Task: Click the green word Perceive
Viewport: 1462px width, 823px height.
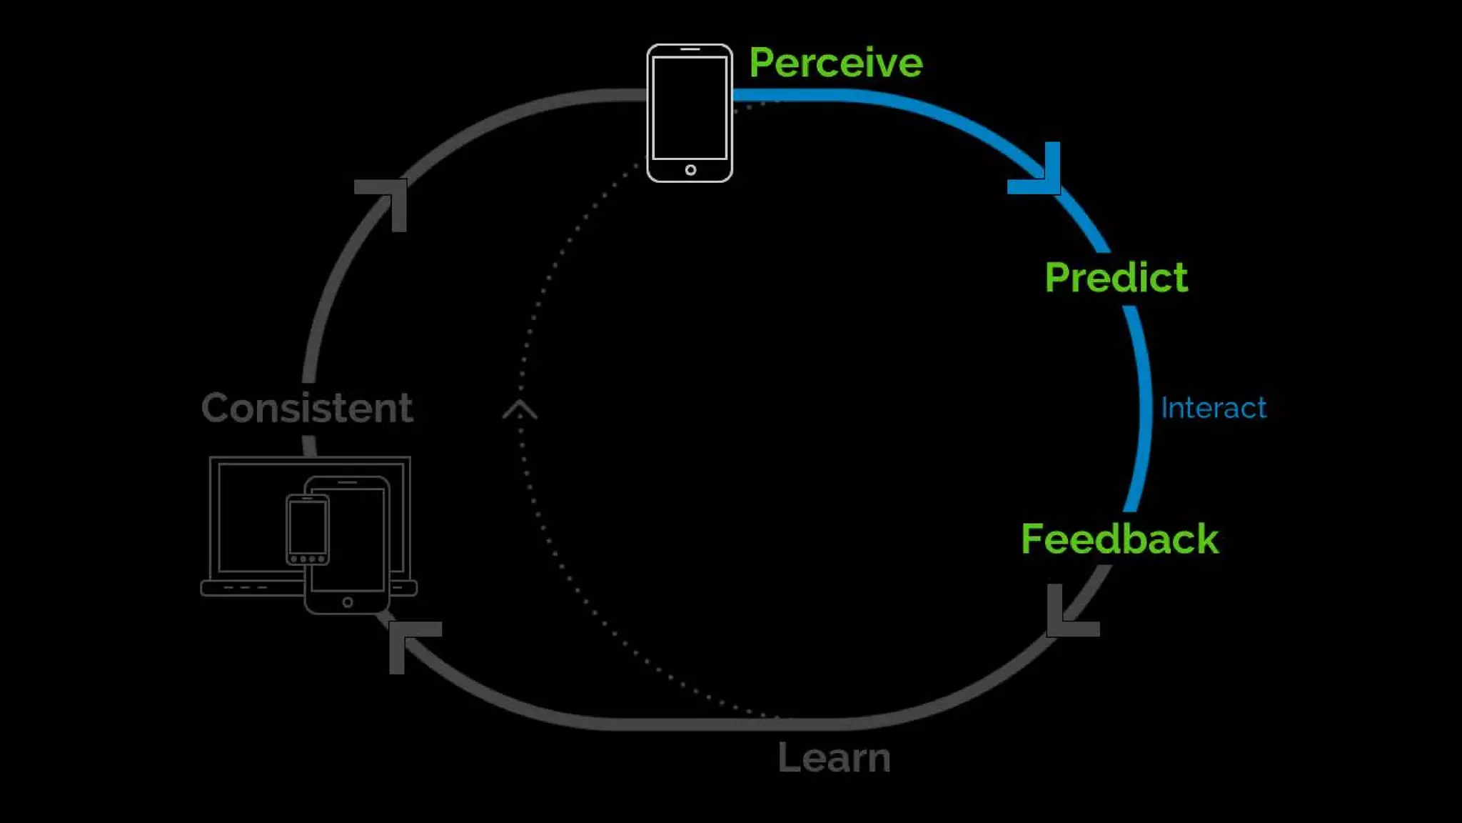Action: tap(835, 63)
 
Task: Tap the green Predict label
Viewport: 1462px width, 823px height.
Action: tap(1116, 277)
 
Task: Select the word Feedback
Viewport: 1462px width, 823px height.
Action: tap(1119, 539)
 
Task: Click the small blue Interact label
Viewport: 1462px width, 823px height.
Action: tap(1213, 408)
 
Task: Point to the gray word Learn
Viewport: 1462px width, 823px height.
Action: tap(834, 757)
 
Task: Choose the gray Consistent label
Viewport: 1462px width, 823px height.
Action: tap(307, 408)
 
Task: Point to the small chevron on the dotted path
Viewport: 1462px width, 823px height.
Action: tap(520, 410)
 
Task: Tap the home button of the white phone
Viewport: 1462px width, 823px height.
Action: tap(690, 170)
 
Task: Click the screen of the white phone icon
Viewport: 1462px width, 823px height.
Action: tap(690, 107)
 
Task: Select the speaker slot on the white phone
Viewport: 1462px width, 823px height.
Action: tap(690, 49)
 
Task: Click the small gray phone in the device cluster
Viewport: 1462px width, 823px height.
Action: tap(308, 529)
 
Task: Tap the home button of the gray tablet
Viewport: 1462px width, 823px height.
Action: tap(348, 602)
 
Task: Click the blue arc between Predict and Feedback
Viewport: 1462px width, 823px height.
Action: tap(1144, 407)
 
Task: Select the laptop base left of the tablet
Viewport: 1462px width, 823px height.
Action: tap(250, 588)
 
